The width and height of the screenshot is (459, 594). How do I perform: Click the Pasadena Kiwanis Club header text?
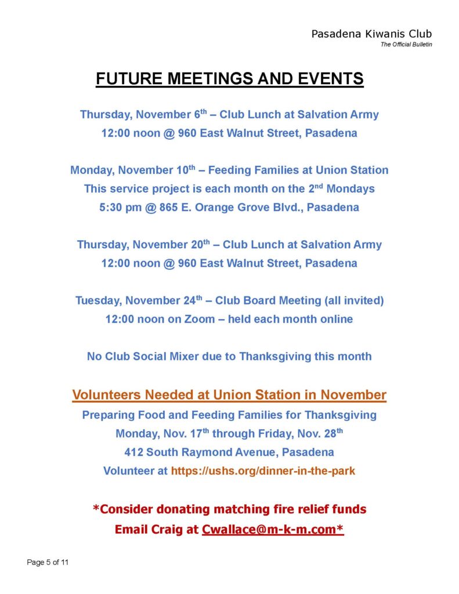pos(371,34)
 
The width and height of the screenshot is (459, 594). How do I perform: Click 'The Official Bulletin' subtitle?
pos(406,45)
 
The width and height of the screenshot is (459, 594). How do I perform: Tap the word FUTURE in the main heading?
pos(129,79)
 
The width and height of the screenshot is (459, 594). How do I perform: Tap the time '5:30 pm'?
pos(120,207)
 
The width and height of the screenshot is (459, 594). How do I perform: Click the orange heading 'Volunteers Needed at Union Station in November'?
pos(229,395)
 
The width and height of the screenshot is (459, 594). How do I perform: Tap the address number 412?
pos(133,452)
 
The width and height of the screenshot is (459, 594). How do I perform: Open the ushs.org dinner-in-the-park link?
pos(263,470)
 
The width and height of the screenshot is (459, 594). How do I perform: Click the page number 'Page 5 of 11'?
pos(48,562)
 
